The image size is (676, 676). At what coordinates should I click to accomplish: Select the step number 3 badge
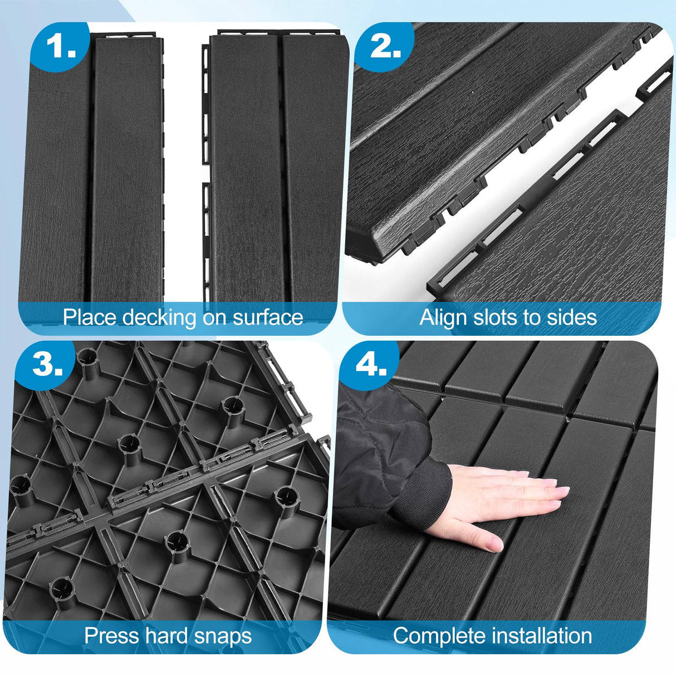click(48, 365)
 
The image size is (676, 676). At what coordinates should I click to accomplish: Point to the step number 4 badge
click(371, 365)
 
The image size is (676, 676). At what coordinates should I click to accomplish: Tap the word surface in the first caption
click(267, 317)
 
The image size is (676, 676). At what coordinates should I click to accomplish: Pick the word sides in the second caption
click(572, 317)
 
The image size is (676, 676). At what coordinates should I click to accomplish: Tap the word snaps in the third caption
click(223, 635)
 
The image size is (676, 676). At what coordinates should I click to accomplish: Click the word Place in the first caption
click(89, 317)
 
